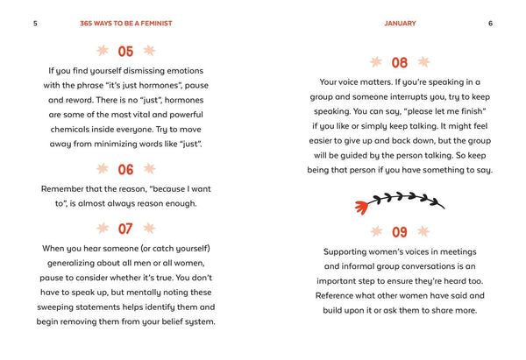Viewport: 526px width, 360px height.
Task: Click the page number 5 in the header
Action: pyautogui.click(x=35, y=24)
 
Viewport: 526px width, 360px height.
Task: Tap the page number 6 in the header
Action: pyautogui.click(x=490, y=24)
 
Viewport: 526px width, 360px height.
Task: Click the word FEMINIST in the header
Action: pyautogui.click(x=156, y=24)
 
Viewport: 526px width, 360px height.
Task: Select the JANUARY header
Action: pyautogui.click(x=400, y=24)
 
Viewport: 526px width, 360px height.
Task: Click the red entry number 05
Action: pyautogui.click(x=125, y=52)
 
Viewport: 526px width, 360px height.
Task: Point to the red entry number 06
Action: pyautogui.click(x=125, y=170)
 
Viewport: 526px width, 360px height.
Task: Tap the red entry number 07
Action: pyautogui.click(x=125, y=229)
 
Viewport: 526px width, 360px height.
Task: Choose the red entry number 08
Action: pyautogui.click(x=400, y=63)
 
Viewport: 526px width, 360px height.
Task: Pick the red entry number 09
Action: pyautogui.click(x=400, y=232)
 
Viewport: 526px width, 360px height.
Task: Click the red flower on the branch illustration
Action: pyautogui.click(x=361, y=208)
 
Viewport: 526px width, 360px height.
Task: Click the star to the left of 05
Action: pyautogui.click(x=103, y=51)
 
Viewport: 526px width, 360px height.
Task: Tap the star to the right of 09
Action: pyautogui.click(x=423, y=231)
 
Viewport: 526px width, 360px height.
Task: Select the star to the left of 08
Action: pyautogui.click(x=376, y=61)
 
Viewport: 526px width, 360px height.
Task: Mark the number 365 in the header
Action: pyautogui.click(x=86, y=24)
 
